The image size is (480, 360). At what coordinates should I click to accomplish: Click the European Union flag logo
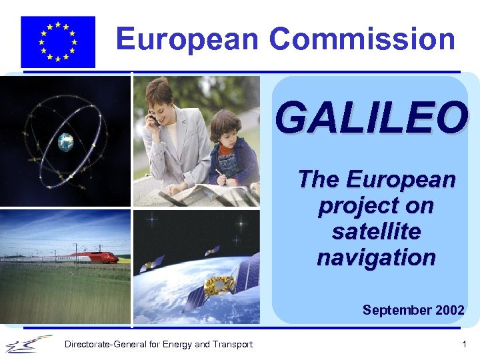[x=58, y=41]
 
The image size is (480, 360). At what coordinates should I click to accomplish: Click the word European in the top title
[x=187, y=39]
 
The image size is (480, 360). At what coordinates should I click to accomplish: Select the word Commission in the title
[x=362, y=39]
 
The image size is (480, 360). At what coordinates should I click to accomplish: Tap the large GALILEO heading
[x=371, y=117]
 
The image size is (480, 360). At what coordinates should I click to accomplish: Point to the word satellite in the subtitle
[x=377, y=232]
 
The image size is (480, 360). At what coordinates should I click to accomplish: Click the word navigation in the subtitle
[x=376, y=257]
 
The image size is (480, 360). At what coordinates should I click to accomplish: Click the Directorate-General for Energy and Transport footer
[x=158, y=345]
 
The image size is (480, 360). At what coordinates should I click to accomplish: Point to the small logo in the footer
[x=29, y=343]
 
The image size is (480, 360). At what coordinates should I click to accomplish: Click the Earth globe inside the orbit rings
[x=65, y=141]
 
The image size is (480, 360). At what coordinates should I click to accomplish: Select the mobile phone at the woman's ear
[x=152, y=119]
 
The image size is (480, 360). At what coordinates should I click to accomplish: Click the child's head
[x=225, y=128]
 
